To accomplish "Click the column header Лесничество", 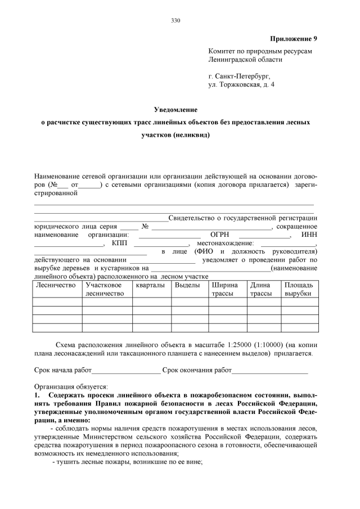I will click(x=55, y=285).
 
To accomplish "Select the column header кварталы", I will click(x=150, y=285).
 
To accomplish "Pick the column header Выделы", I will click(x=187, y=285).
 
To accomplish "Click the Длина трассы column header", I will click(x=261, y=289).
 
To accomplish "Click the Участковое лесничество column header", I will click(x=104, y=289).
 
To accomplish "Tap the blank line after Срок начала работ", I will click(x=125, y=371).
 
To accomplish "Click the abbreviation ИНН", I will click(x=310, y=234).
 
